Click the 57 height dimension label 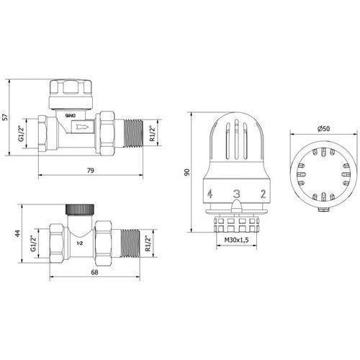point(5,117)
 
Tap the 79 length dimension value point(90,171)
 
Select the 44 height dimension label point(18,233)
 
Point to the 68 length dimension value point(94,272)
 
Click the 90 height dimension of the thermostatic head point(186,172)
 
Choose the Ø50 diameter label point(323,129)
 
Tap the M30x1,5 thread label point(236,240)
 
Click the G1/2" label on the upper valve point(22,134)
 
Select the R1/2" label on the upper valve point(152,133)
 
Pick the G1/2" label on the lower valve point(33,243)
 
